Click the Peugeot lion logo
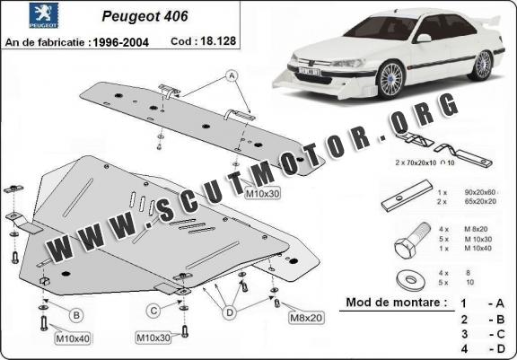tap(43, 15)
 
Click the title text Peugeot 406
tap(145, 16)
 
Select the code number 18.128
tap(218, 41)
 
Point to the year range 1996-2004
tap(120, 42)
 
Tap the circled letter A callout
tap(232, 76)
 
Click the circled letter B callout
tap(76, 315)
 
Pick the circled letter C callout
tap(153, 311)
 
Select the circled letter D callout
tap(230, 312)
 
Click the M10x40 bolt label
tap(73, 338)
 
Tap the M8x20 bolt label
tap(306, 318)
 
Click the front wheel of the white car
tap(390, 79)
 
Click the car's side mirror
tap(424, 38)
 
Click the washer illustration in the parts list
tap(410, 280)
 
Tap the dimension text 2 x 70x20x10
tap(416, 162)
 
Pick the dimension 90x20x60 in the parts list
tap(479, 192)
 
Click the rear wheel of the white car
tap(482, 65)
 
